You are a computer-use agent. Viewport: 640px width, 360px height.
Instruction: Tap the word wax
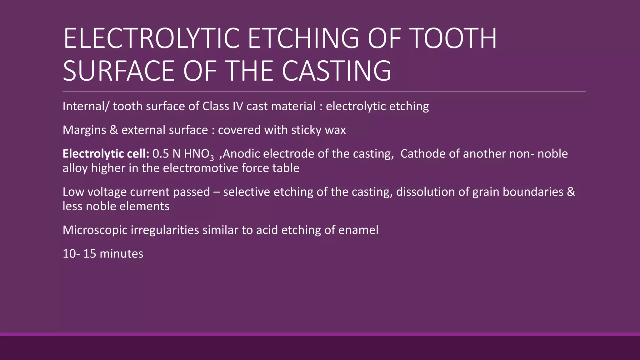click(x=335, y=130)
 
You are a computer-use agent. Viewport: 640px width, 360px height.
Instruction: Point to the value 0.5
click(x=161, y=154)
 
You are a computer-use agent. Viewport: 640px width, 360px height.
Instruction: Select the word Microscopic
click(x=95, y=230)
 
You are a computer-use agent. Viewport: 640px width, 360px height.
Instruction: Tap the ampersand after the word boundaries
click(x=571, y=192)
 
